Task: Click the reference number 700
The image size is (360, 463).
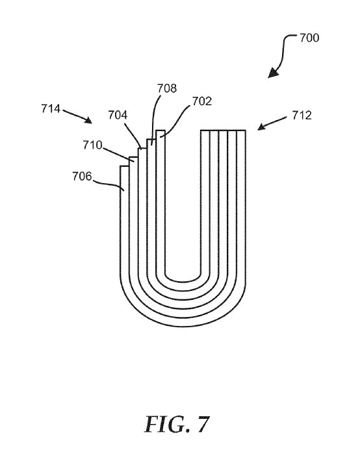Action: coord(309,38)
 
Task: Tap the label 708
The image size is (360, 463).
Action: coord(167,88)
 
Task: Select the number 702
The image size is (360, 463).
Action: coord(202,101)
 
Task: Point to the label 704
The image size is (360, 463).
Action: coord(118,115)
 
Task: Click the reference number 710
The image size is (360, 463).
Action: coord(92,145)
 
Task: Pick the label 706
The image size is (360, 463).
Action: coord(82,176)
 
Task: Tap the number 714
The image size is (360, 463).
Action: coord(51,108)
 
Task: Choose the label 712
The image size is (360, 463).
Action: coord(302,115)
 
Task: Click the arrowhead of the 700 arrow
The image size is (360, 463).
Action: coord(273,73)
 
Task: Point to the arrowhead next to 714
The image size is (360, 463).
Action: coord(88,120)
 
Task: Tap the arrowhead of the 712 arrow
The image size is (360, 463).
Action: coord(262,127)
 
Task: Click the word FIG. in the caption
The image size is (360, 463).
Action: coord(167,424)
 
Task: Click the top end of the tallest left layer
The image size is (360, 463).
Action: coord(161,131)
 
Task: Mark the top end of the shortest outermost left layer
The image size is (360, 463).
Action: coord(124,166)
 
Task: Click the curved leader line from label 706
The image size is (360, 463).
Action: coord(109,184)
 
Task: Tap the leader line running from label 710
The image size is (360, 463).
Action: coord(118,154)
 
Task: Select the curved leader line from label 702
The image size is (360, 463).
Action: coord(176,119)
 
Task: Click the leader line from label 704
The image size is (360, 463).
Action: coord(133,136)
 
